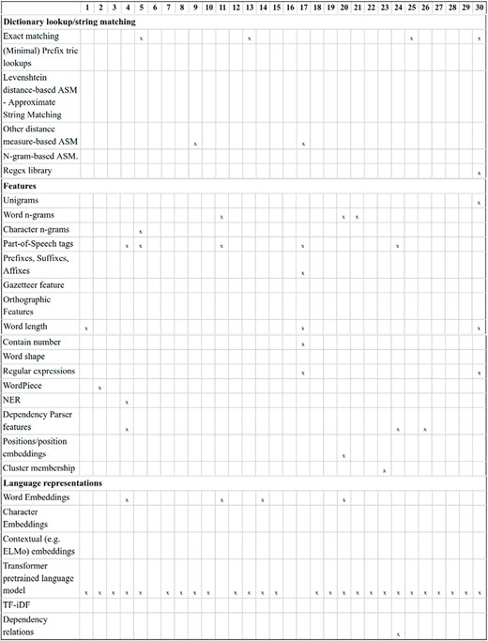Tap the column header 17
303,8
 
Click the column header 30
479,8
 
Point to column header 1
86,8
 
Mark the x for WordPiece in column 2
99,388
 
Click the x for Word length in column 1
86,328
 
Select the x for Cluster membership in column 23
385,470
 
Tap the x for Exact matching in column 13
249,38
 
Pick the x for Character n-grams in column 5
140,231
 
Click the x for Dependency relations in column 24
398,633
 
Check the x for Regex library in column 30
479,174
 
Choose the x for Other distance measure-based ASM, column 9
194,144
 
